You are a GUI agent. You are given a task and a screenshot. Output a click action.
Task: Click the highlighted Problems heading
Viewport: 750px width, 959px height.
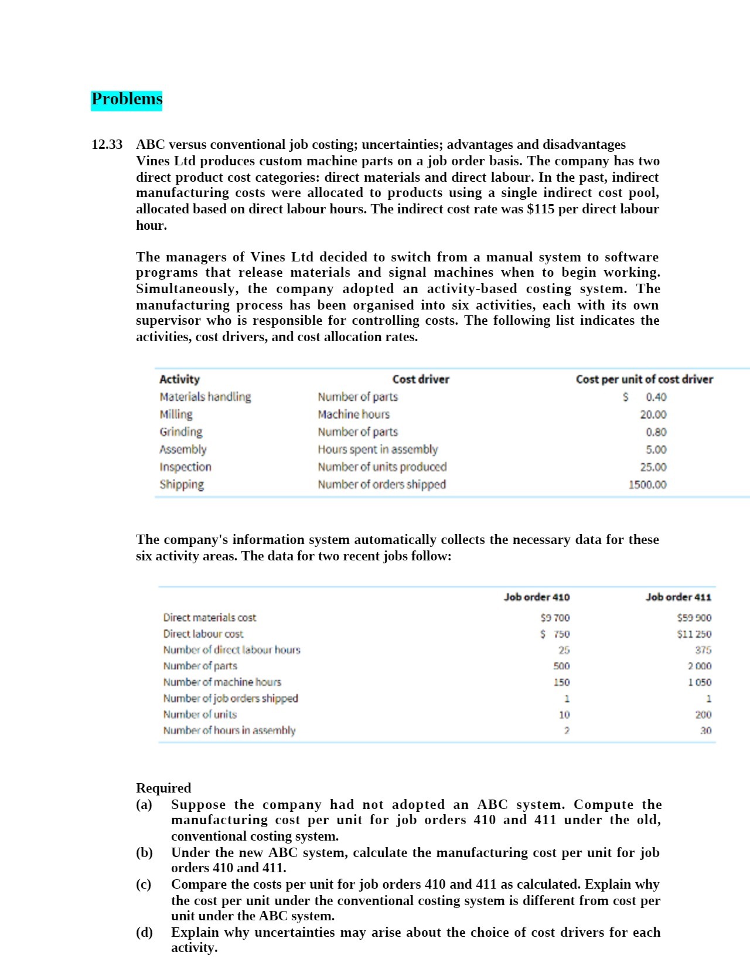pos(127,99)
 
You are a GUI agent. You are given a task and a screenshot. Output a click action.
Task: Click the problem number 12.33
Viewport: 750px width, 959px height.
pos(107,145)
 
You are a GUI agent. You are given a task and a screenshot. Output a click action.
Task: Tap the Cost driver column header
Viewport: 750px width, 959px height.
pos(420,379)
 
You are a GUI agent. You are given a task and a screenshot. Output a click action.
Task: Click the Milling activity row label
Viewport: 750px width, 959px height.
pos(176,414)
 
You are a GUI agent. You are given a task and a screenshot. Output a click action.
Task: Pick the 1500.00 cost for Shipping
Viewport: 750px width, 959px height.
pos(647,485)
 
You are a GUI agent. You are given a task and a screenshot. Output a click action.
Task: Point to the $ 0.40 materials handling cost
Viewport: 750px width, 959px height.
pos(645,397)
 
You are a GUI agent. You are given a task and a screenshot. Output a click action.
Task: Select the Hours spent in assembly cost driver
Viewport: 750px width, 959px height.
pos(377,450)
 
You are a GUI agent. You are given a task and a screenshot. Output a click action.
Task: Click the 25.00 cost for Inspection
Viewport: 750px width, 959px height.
pos(653,467)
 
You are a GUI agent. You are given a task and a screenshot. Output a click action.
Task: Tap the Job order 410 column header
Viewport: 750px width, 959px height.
pos(536,597)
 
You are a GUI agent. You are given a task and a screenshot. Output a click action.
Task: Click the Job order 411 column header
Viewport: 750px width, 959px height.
pos(678,597)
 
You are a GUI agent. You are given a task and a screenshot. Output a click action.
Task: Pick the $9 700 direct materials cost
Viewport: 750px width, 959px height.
pos(554,618)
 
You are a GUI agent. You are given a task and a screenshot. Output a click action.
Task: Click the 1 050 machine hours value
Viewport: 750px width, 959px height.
pos(699,682)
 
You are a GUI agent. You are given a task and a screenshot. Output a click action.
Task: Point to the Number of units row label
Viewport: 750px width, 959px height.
pos(200,715)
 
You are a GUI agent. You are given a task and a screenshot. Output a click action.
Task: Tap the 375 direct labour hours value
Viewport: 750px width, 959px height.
pos(703,650)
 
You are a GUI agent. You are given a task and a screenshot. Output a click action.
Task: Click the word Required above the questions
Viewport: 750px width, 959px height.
pos(163,788)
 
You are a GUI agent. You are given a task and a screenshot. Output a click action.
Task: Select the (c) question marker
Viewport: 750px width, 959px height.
pos(144,884)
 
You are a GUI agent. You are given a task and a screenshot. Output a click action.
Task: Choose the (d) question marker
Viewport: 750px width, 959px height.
pos(144,932)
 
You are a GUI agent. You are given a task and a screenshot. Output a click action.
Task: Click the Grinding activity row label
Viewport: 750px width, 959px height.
pos(180,432)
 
